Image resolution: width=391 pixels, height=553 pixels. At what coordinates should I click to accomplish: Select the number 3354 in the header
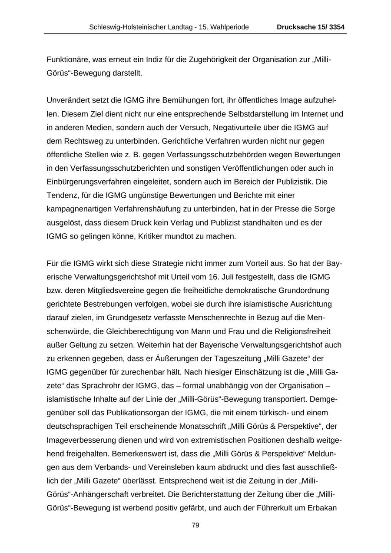click(337, 27)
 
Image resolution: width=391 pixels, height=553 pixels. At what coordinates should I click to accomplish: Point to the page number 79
click(195, 525)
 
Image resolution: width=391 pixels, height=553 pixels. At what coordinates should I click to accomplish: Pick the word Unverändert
click(68, 100)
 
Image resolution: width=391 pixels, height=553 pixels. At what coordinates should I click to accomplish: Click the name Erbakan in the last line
click(323, 507)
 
